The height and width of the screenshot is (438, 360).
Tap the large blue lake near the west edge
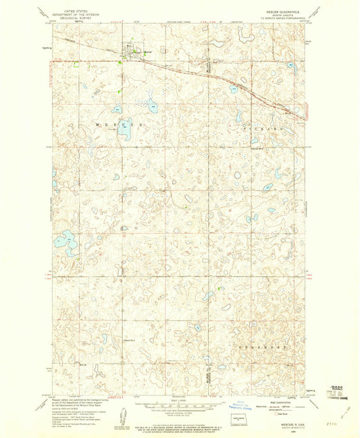click(66, 239)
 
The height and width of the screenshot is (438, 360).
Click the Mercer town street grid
click(128, 49)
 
